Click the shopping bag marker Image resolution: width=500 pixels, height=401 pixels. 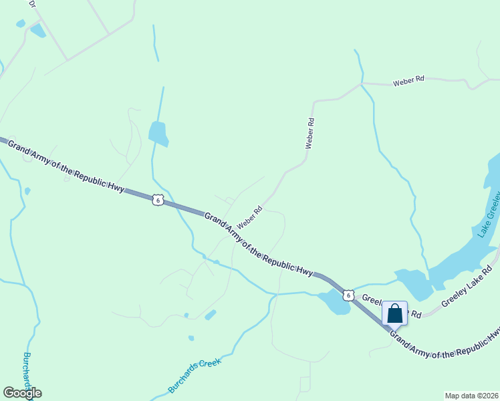[x=394, y=313]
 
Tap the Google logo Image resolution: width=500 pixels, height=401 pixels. [x=22, y=393]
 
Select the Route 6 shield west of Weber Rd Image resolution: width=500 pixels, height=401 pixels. [x=157, y=200]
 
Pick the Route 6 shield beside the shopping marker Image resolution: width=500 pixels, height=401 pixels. [x=348, y=294]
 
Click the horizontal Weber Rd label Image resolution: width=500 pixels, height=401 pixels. [x=408, y=81]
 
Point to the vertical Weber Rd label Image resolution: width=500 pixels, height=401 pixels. [x=309, y=133]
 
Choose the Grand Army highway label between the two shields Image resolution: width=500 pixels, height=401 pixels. [x=259, y=245]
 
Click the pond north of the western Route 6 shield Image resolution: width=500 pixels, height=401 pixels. [x=158, y=133]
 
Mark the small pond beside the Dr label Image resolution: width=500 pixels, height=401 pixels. [x=37, y=30]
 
